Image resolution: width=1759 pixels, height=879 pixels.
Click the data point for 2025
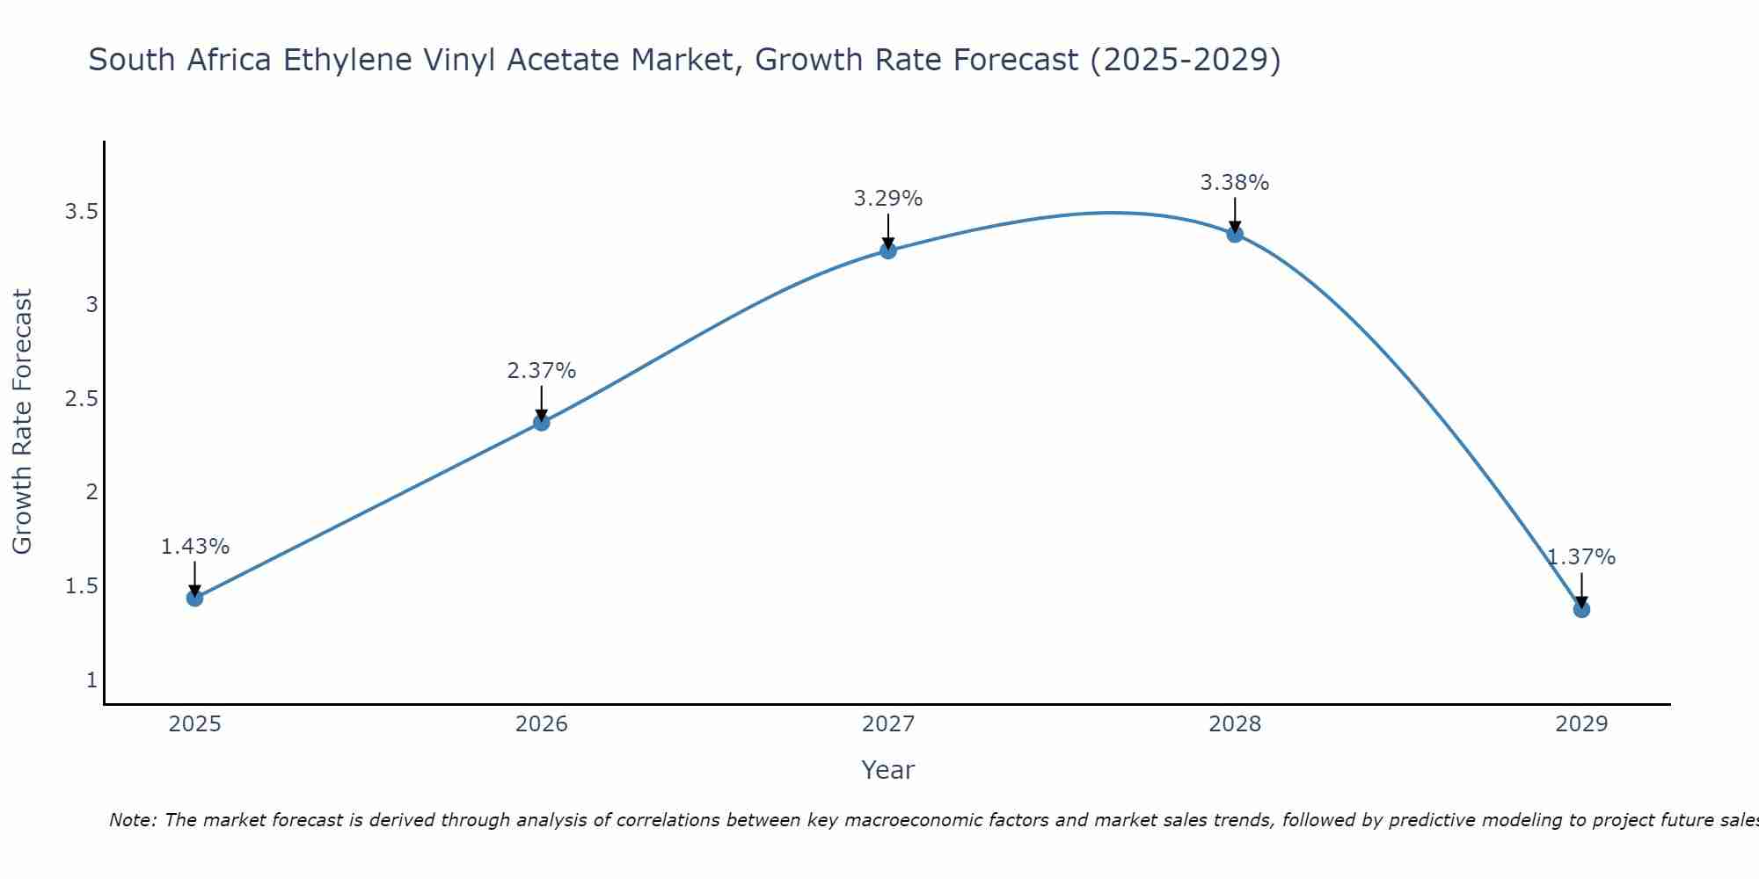194,598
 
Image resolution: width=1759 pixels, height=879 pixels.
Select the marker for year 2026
541,422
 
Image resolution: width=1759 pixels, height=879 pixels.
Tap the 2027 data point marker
887,251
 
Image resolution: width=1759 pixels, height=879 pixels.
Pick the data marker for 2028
1234,234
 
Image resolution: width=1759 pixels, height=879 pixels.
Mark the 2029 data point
1580,608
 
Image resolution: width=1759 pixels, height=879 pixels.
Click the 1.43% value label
194,546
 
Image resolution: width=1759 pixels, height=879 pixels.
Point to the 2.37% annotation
541,370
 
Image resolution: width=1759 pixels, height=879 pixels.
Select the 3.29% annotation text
887,199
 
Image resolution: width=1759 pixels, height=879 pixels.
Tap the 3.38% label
1234,182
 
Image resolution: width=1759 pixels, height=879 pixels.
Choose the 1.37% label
1580,556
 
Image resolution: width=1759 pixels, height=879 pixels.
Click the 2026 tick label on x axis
541,723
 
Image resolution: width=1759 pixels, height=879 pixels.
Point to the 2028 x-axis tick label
1234,723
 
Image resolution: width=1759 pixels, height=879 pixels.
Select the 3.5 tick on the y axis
81,212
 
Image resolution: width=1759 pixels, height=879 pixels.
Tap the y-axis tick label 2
91,492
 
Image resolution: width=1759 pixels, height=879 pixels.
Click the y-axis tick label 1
91,679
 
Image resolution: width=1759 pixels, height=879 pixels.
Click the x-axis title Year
887,770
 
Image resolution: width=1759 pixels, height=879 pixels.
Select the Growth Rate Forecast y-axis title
22,422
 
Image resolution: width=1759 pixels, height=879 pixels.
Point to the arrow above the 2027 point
887,230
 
